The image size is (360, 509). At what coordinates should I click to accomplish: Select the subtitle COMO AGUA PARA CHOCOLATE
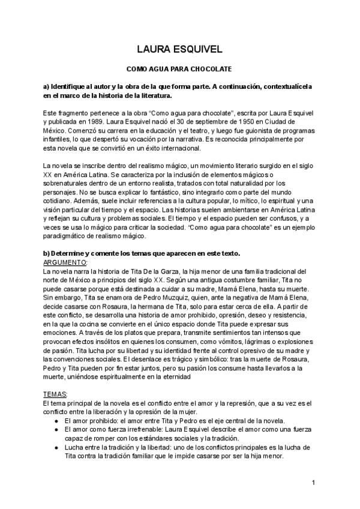(179, 70)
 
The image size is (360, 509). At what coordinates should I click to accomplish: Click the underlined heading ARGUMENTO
(65, 262)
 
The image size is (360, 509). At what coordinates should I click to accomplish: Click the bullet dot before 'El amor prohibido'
(56, 421)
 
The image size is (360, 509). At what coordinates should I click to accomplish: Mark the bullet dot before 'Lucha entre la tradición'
(56, 447)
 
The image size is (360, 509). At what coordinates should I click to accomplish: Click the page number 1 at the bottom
(314, 483)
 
